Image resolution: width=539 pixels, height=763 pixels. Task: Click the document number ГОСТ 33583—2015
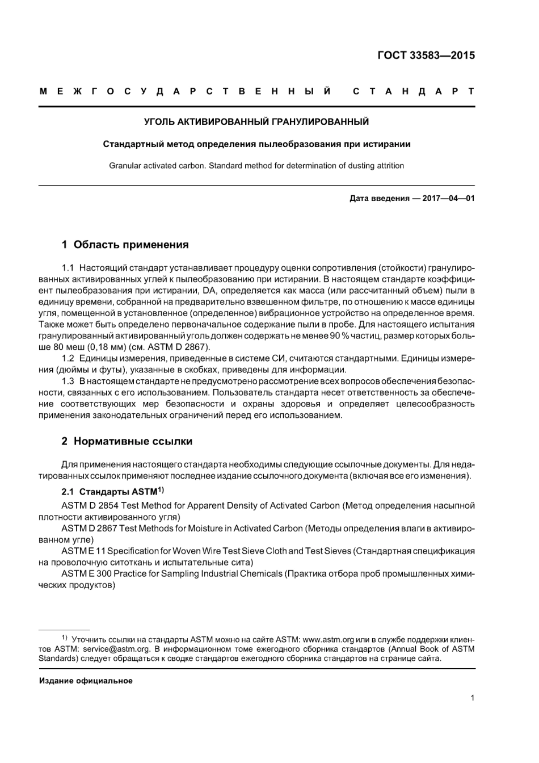pos(426,56)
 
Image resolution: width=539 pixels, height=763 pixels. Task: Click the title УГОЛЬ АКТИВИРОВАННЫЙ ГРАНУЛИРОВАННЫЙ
pos(256,121)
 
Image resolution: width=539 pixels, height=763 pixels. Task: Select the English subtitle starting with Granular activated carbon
pos(256,166)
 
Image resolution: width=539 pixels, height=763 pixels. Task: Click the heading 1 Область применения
pos(125,245)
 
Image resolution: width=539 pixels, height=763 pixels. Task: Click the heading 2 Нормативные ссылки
pos(127,441)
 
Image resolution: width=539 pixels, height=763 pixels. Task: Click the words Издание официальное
pos(86,681)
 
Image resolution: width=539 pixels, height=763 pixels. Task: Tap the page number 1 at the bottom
pos(472,698)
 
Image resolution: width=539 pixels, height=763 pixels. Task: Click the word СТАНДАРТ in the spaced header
pos(414,91)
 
